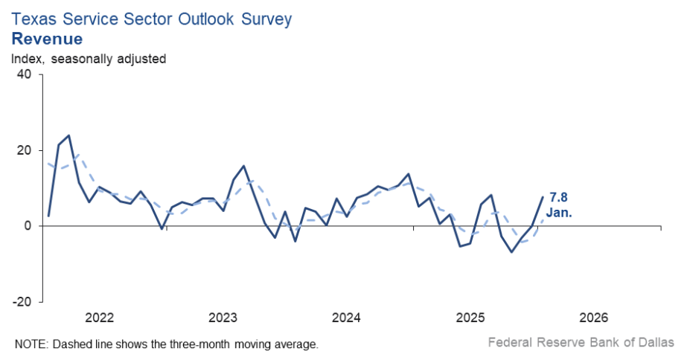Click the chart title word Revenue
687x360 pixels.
point(47,38)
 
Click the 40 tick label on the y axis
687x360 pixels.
point(24,74)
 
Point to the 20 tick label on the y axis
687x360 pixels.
point(24,150)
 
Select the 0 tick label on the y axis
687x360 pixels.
point(28,226)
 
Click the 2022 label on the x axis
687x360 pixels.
point(99,318)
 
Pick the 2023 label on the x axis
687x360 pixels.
point(223,318)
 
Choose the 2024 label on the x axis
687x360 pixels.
point(347,318)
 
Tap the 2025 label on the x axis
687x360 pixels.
point(470,318)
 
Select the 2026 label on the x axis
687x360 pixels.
point(594,318)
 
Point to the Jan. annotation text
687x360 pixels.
point(560,213)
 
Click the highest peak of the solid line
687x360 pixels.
point(69,135)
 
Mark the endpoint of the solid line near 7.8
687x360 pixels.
point(543,196)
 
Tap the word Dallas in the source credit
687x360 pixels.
point(656,343)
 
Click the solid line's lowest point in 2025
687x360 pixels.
point(511,252)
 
